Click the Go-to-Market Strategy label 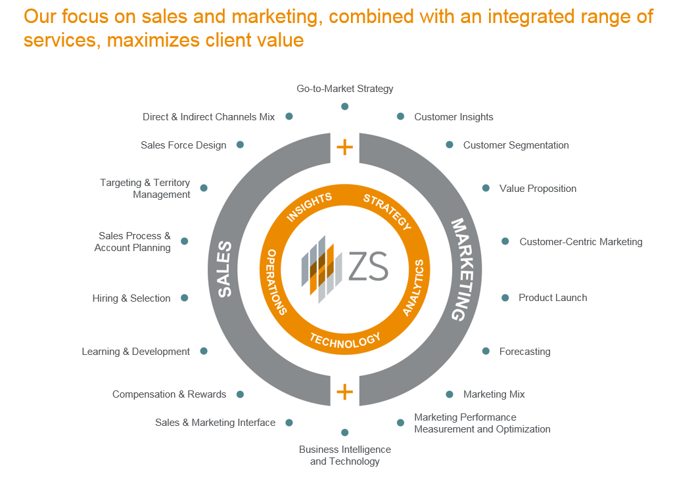344,88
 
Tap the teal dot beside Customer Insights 400,116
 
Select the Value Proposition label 538,189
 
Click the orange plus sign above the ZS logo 344,147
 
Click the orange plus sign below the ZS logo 344,392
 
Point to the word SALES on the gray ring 225,269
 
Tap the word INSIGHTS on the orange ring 309,207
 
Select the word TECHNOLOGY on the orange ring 345,339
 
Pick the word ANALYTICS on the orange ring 414,288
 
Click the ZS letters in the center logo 368,266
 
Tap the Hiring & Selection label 131,298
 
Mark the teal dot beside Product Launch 505,298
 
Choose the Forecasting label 524,352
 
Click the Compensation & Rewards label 169,394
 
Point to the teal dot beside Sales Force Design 241,145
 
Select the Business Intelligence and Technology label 345,455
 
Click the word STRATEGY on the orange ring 388,212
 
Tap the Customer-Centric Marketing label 581,242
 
